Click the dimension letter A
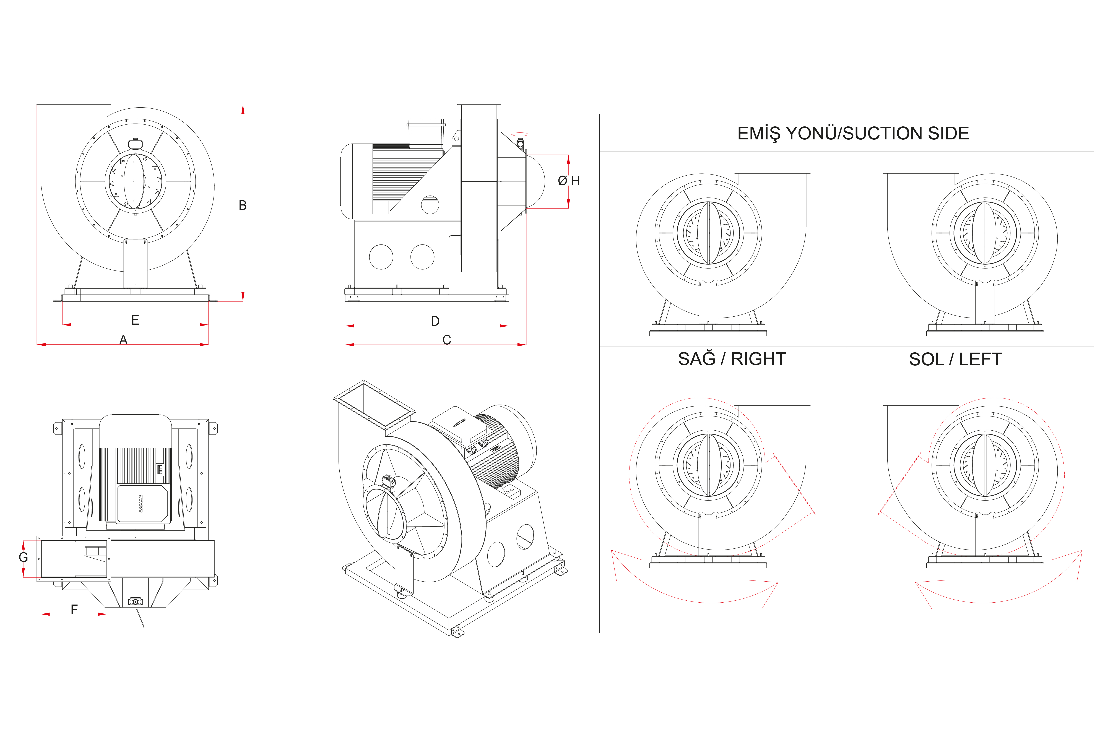click(124, 340)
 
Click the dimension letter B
click(242, 205)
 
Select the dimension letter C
click(447, 340)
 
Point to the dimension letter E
click(135, 320)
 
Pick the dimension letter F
click(74, 610)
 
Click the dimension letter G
click(23, 558)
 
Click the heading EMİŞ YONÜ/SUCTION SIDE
click(853, 133)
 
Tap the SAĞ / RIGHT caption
click(732, 359)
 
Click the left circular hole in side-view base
click(381, 257)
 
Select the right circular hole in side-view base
click(422, 257)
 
